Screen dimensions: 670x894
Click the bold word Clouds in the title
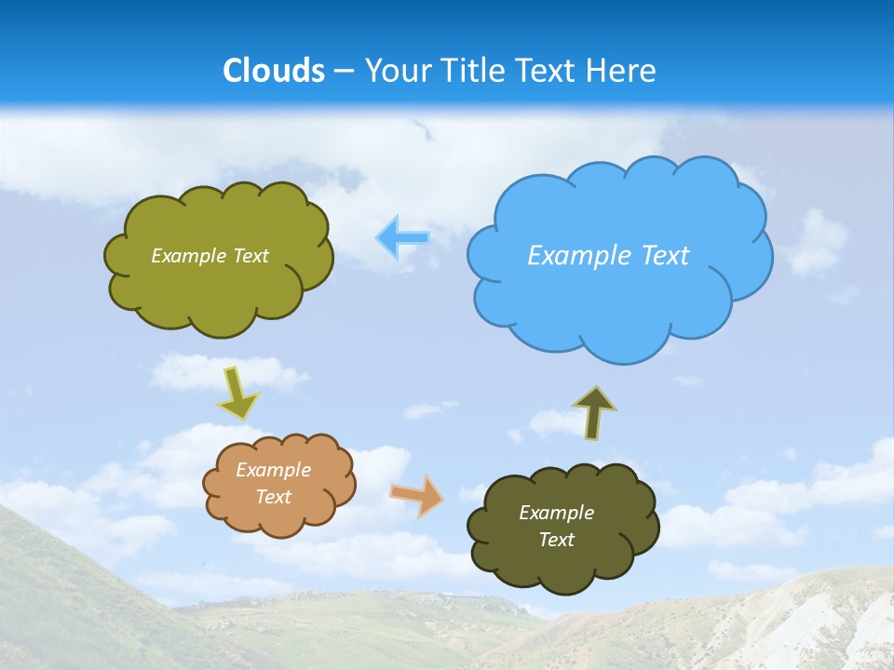point(274,71)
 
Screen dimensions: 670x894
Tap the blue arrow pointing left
point(402,238)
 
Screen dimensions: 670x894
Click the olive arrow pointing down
point(237,393)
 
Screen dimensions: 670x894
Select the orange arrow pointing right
point(417,495)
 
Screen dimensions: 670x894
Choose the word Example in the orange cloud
point(274,470)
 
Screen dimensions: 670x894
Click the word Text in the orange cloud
point(274,497)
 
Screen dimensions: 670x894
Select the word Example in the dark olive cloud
point(556,513)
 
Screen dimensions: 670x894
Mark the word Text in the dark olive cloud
point(556,540)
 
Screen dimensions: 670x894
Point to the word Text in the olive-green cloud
point(250,256)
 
